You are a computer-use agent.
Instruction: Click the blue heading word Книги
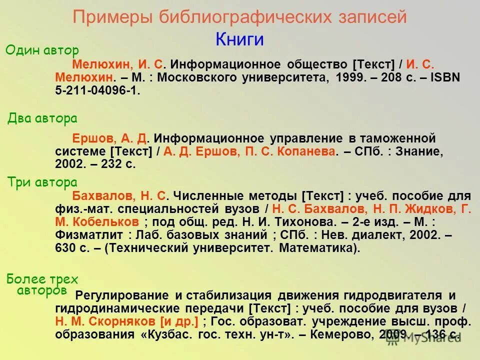click(239, 39)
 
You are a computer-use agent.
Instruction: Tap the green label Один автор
click(42, 50)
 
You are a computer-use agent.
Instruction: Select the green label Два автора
click(42, 118)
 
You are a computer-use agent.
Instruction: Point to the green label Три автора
click(42, 182)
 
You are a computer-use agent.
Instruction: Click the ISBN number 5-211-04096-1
click(97, 91)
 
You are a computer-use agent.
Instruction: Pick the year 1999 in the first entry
click(350, 78)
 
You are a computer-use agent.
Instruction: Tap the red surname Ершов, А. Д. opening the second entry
click(112, 138)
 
